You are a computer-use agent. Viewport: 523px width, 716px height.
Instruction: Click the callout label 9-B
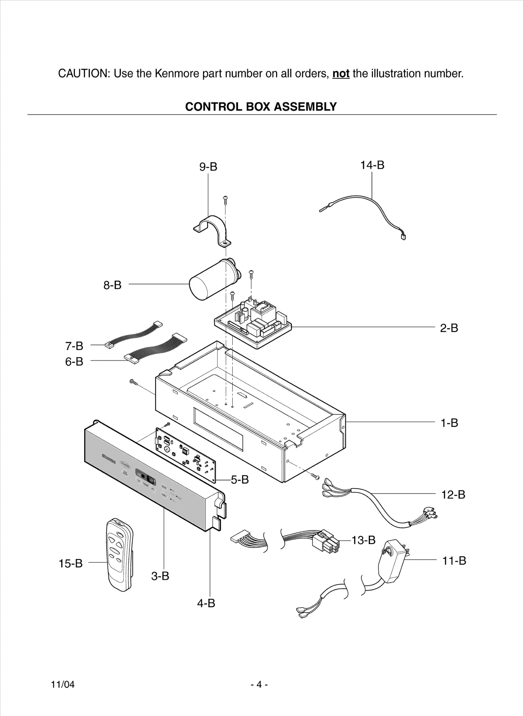coord(208,167)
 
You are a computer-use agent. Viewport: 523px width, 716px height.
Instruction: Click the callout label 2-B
coord(449,328)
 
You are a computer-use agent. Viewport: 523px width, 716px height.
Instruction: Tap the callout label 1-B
coord(449,423)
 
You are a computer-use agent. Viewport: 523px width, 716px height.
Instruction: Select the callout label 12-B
coord(453,494)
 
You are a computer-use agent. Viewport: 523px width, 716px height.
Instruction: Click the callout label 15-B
coord(70,563)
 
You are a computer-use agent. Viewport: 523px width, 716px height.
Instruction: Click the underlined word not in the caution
coord(341,74)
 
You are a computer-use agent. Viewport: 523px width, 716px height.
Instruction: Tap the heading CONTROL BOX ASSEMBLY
coord(261,107)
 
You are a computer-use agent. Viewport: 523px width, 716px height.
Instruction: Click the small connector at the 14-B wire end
coord(403,237)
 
